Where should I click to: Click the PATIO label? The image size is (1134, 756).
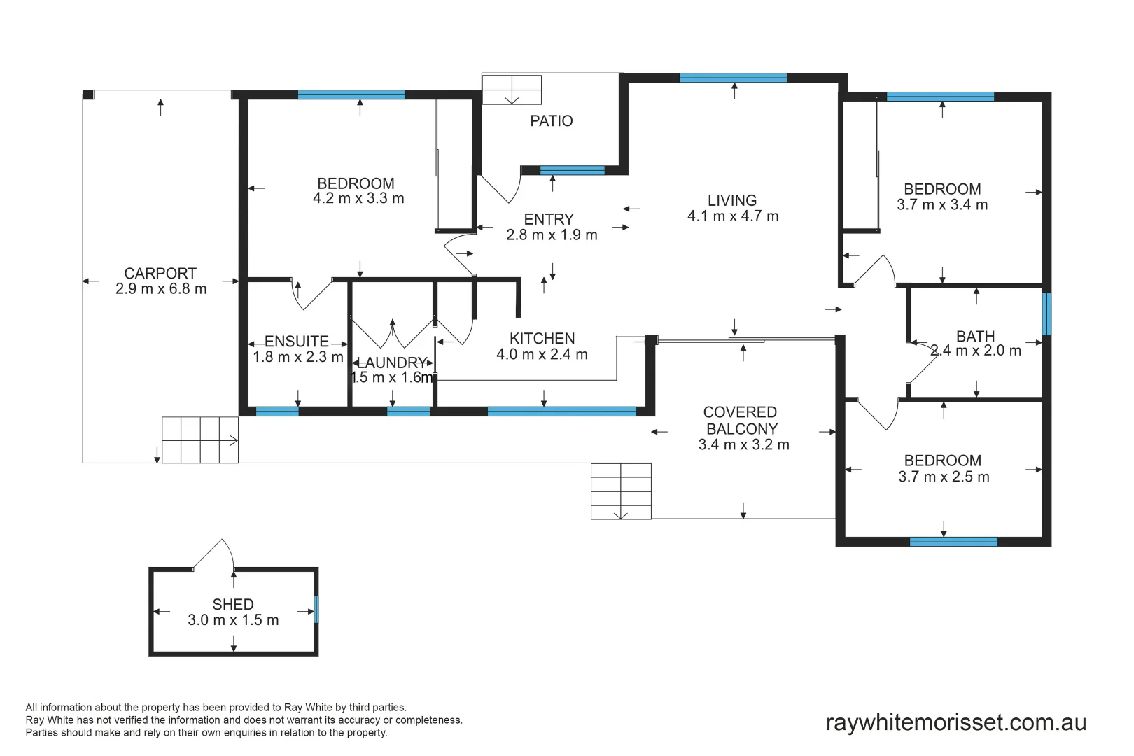click(x=552, y=121)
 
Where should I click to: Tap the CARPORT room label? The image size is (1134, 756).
click(x=160, y=274)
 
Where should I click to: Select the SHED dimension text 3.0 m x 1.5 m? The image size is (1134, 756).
click(x=233, y=619)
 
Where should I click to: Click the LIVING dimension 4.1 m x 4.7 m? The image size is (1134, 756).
click(x=732, y=216)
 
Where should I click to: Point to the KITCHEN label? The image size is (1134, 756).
click(x=542, y=338)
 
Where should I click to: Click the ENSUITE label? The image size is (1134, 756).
click(x=297, y=342)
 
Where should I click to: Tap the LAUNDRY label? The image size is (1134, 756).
click(x=392, y=363)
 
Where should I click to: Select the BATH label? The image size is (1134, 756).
click(x=976, y=336)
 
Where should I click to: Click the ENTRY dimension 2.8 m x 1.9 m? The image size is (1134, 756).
click(x=552, y=235)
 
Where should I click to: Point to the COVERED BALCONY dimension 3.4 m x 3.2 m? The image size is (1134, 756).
click(x=743, y=444)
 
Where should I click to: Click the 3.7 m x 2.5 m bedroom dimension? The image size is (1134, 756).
click(x=944, y=477)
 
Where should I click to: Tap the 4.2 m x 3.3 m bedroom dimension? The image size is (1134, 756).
click(x=358, y=198)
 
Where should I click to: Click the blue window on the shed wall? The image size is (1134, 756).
click(x=316, y=610)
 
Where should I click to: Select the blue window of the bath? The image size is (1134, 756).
click(x=1046, y=314)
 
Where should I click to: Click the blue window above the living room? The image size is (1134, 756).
click(x=733, y=78)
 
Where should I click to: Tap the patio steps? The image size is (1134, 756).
click(x=512, y=90)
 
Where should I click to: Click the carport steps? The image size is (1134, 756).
click(x=200, y=440)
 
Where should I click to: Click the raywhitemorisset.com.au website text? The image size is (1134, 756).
click(x=956, y=722)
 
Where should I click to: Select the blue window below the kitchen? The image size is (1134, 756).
click(x=562, y=411)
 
